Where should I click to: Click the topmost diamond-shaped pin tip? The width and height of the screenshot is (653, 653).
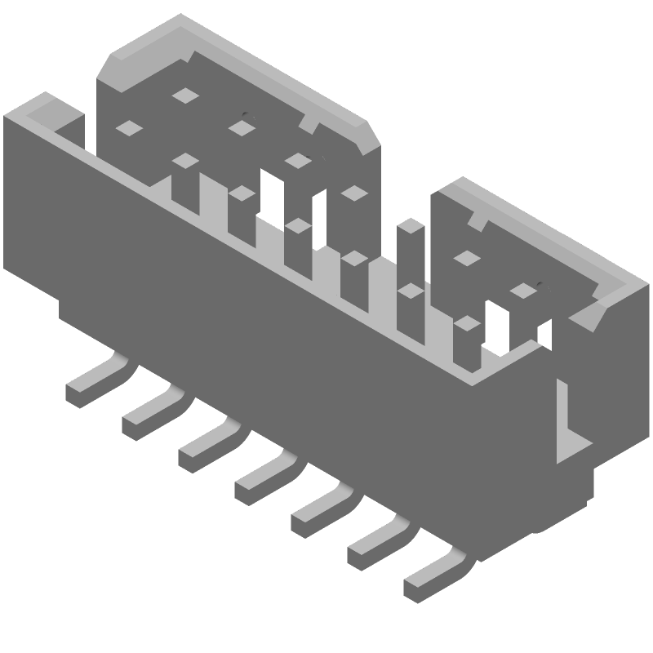186,96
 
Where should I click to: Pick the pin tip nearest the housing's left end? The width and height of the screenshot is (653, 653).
129,127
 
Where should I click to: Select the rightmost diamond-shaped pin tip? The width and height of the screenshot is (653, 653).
523,291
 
